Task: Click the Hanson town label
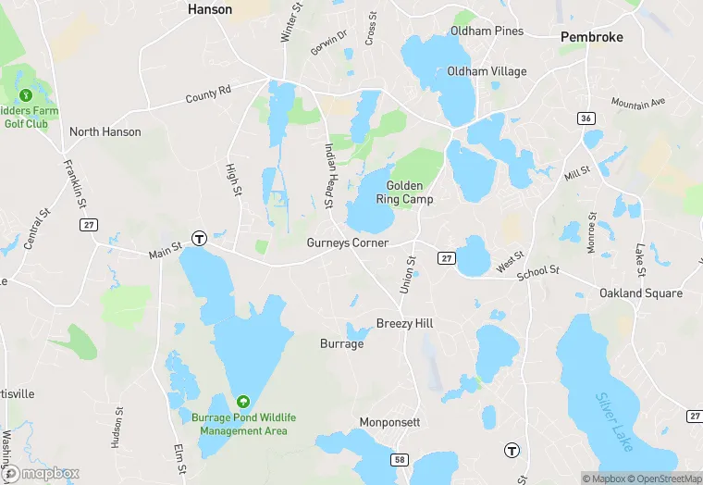pyautogui.click(x=210, y=9)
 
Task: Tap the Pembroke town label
pyautogui.click(x=592, y=37)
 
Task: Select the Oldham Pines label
pyautogui.click(x=487, y=31)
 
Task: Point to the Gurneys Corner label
pyautogui.click(x=348, y=242)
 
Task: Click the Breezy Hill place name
pyautogui.click(x=404, y=323)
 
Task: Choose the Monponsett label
pyautogui.click(x=390, y=422)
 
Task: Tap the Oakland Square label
pyautogui.click(x=641, y=293)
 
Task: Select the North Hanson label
pyautogui.click(x=105, y=131)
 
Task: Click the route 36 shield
pyautogui.click(x=586, y=118)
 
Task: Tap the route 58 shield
pyautogui.click(x=400, y=459)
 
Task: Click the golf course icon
pyautogui.click(x=26, y=94)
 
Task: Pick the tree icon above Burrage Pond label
pyautogui.click(x=242, y=402)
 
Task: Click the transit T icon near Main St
pyautogui.click(x=199, y=239)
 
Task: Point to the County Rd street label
pyautogui.click(x=207, y=94)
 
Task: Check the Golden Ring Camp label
pyautogui.click(x=404, y=193)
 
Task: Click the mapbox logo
pyautogui.click(x=41, y=473)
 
